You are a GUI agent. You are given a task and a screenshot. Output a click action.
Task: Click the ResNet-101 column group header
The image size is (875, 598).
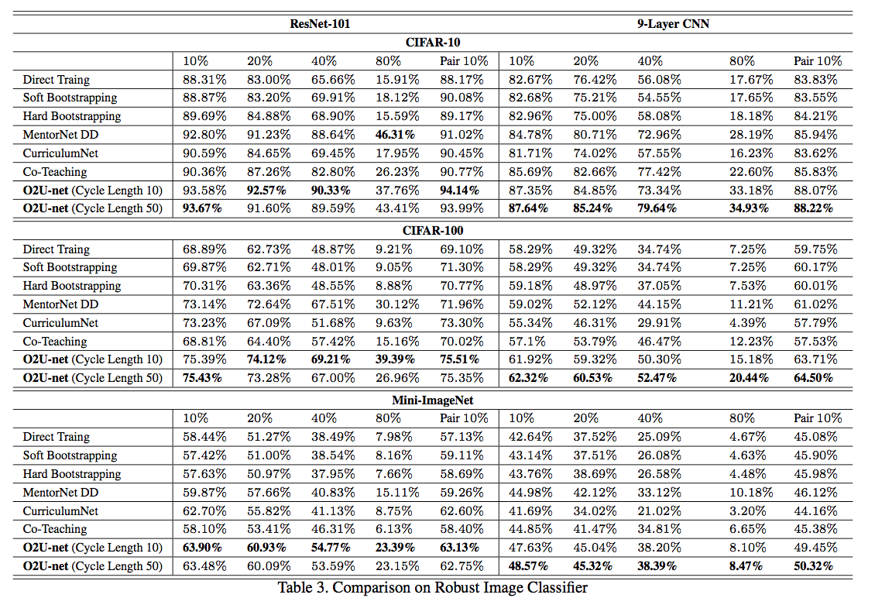pos(320,23)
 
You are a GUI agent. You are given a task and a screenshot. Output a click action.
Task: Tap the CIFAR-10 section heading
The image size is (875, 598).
pos(438,42)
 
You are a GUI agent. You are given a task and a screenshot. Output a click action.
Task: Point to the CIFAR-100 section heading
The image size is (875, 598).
pos(438,230)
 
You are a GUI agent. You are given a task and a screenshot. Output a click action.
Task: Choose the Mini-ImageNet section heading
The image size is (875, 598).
pos(438,400)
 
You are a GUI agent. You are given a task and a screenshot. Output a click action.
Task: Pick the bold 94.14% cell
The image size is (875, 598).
pos(462,190)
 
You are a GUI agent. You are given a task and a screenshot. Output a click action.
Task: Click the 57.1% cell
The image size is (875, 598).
pos(527,341)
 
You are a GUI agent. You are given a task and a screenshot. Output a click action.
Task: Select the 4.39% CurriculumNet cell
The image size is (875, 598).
pos(750,322)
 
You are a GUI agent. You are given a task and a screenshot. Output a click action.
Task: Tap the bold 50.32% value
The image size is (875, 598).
pos(815,565)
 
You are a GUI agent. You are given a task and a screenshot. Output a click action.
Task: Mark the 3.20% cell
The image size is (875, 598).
pos(750,510)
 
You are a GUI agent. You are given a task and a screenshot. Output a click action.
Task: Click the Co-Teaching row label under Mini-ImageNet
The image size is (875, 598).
pos(54,529)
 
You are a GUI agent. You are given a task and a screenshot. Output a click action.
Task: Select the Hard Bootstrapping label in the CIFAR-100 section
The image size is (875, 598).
pos(71,285)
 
